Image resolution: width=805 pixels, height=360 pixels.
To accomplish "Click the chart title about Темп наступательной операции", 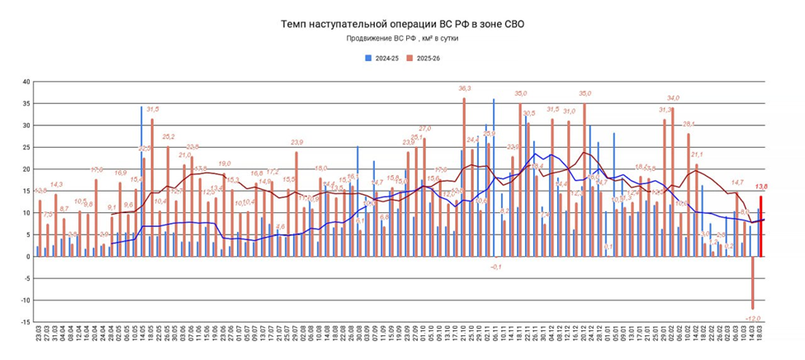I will (402, 25).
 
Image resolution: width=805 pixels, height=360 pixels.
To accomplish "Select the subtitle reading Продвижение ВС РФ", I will (402, 39).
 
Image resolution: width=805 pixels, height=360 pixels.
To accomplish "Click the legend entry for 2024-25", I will (383, 59).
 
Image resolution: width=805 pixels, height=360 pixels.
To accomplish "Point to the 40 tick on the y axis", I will (26, 82).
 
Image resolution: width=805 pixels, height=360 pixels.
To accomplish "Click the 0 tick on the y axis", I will (27, 257).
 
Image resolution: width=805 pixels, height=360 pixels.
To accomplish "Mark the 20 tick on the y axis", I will (26, 169).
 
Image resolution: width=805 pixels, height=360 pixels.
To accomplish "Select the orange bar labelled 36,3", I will (464, 178).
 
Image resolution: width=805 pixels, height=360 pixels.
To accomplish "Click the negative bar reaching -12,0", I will (753, 282).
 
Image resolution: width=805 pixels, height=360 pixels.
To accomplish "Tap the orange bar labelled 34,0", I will (673, 182).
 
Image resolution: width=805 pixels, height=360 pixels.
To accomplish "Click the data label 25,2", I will (168, 136).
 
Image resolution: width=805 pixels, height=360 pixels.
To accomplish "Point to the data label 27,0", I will (425, 129).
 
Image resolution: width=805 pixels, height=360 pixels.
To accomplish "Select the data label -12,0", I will (752, 317).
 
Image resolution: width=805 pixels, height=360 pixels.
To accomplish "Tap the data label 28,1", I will (689, 124).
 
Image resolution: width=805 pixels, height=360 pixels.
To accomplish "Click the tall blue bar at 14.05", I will (141, 182).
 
